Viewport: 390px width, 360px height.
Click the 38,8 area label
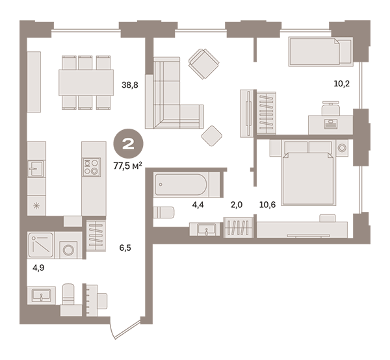click(129, 85)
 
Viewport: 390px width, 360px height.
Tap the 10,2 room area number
click(341, 84)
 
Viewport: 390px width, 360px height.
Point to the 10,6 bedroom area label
click(267, 205)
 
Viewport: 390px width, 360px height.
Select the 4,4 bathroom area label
click(198, 205)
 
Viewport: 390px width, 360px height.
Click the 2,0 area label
click(237, 205)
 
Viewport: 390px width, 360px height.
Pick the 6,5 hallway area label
click(125, 248)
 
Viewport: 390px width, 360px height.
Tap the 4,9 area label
click(38, 268)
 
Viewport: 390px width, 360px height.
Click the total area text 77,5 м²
click(128, 166)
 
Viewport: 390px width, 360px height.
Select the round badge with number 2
click(128, 144)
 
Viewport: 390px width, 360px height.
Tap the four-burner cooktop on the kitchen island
click(92, 167)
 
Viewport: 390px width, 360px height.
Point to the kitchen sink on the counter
click(36, 168)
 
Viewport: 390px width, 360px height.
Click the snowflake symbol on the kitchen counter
click(36, 206)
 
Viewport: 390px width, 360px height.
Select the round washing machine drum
click(68, 250)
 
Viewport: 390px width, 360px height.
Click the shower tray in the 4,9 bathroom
click(40, 245)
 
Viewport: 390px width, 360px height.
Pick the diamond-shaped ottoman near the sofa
click(212, 136)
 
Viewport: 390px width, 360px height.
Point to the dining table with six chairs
click(86, 83)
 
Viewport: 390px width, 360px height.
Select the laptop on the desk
click(331, 124)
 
